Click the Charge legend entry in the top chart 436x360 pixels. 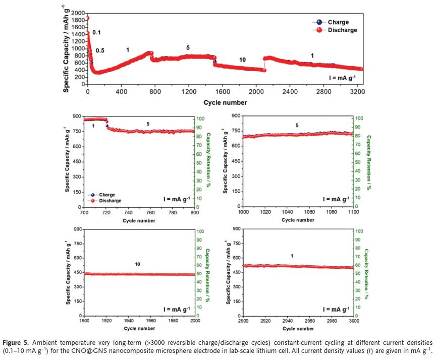point(337,22)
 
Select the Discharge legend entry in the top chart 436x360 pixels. point(342,30)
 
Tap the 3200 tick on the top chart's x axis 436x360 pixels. point(356,92)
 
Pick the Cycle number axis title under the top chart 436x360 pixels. point(225,102)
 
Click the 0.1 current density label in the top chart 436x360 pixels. point(97,33)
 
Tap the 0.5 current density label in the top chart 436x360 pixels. point(100,51)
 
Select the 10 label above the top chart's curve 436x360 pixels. point(242,60)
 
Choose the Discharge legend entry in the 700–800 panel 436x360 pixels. point(110,200)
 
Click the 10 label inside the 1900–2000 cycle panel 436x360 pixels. point(137,264)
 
